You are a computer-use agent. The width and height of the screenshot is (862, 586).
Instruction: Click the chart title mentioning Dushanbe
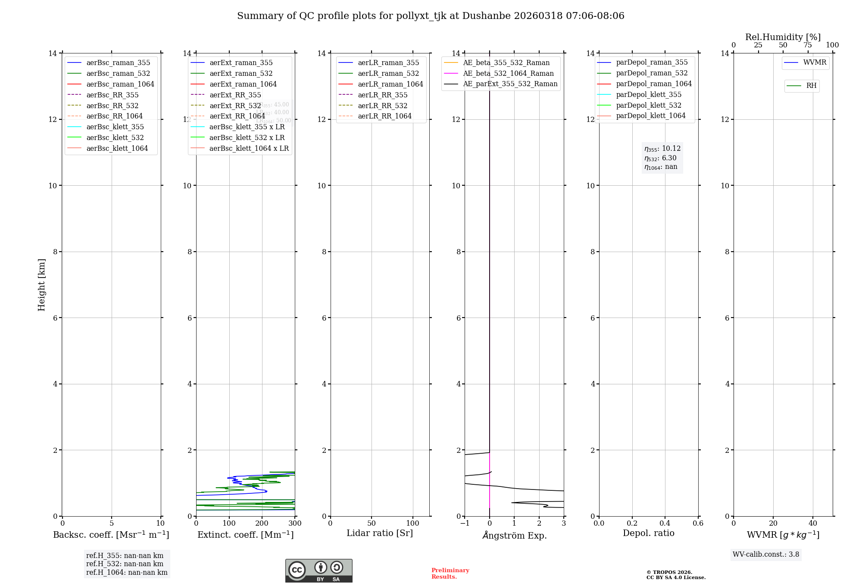tap(431, 16)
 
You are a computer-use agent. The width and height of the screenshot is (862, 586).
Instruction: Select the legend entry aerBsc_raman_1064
tap(120, 84)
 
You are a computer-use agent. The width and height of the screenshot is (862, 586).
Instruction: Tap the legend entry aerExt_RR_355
tap(235, 95)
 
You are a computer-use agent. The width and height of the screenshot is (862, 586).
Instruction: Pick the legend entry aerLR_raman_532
tap(388, 73)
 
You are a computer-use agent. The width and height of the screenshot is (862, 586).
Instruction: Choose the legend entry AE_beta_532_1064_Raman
tap(508, 73)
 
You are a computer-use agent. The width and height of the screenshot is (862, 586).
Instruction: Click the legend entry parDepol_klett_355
tap(648, 94)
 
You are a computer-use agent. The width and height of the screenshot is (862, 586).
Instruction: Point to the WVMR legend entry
tap(814, 62)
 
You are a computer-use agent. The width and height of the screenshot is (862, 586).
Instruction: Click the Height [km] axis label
tap(41, 284)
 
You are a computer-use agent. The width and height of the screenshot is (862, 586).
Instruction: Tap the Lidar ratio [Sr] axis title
tap(380, 533)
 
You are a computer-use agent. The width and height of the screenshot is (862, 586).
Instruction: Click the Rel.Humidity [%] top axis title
tap(783, 37)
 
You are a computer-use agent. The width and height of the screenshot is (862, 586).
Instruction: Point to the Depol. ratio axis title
tap(648, 533)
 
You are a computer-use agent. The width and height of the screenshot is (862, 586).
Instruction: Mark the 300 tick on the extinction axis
tap(295, 524)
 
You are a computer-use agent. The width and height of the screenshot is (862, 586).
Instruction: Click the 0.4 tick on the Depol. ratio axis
tap(665, 524)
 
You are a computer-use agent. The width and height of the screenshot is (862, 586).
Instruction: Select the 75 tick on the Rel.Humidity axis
tap(808, 45)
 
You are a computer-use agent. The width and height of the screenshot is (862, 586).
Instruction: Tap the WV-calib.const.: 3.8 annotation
tap(766, 555)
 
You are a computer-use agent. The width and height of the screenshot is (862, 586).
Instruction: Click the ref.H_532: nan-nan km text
tap(125, 564)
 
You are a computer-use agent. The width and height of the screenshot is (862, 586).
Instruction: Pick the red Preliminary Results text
tap(450, 574)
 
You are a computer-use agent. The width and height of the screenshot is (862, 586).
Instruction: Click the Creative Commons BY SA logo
tap(319, 571)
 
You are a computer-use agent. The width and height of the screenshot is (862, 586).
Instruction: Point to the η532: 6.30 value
tap(661, 158)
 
